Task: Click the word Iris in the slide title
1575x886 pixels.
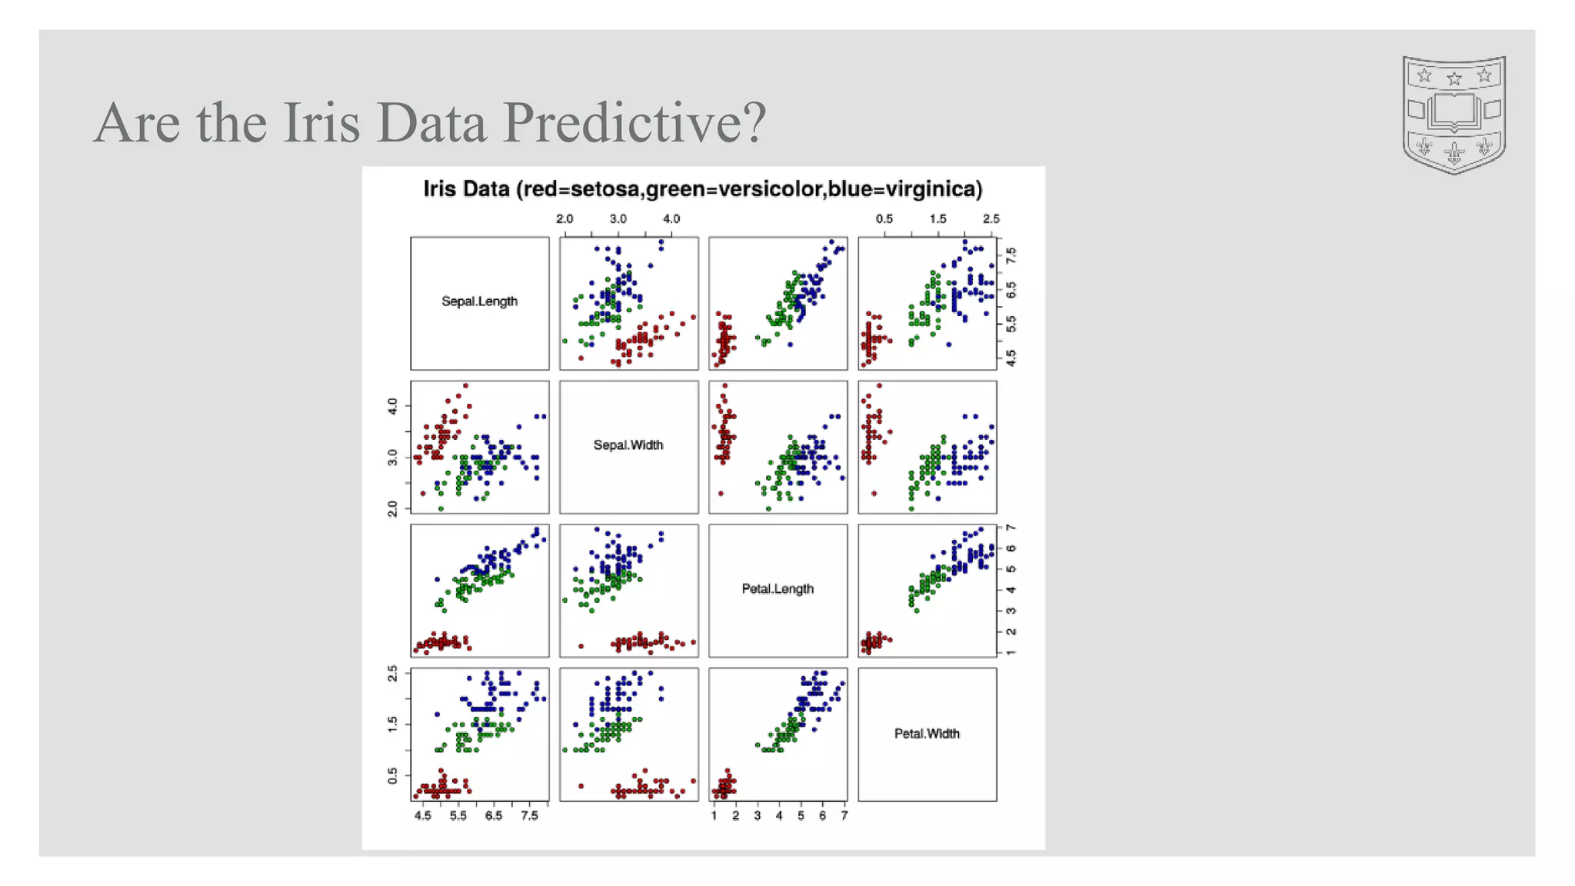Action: point(321,123)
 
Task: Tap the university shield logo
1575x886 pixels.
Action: point(1453,114)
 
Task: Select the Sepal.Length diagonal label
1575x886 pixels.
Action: point(479,301)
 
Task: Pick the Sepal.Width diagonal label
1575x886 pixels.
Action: point(628,445)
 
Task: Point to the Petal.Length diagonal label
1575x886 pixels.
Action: point(777,589)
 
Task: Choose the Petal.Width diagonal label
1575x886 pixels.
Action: point(926,734)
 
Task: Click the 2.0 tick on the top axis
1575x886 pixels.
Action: point(564,219)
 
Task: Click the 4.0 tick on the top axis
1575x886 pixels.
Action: point(671,219)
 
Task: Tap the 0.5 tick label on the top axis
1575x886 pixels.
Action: point(884,219)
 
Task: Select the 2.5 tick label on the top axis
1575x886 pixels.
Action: point(991,219)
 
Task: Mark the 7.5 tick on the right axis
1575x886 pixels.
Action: point(1011,253)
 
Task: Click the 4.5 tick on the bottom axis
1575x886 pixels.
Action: point(423,816)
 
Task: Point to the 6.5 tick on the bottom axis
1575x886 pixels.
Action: point(494,816)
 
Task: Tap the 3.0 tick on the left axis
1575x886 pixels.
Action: point(393,457)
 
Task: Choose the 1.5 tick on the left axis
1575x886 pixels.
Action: point(393,723)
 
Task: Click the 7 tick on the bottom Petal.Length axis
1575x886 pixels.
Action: point(844,816)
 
